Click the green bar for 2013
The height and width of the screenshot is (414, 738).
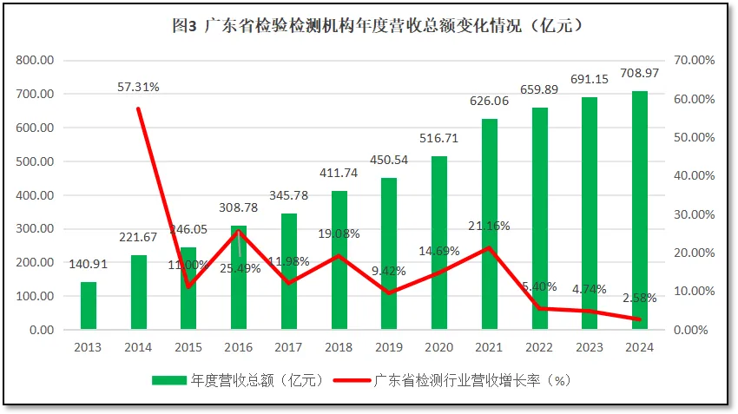click(89, 306)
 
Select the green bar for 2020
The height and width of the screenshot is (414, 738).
click(438, 243)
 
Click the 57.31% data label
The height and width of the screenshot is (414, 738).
click(139, 87)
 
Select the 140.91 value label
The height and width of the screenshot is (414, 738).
click(89, 266)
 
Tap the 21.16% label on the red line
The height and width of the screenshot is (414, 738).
click(489, 227)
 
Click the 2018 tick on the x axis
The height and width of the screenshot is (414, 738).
click(339, 347)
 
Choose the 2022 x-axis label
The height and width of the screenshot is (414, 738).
click(538, 347)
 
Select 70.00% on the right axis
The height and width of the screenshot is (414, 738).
click(693, 60)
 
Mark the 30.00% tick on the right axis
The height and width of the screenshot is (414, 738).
click(693, 214)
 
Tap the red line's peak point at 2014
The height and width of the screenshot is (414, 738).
click(139, 108)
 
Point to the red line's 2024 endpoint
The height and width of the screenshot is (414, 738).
click(639, 319)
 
